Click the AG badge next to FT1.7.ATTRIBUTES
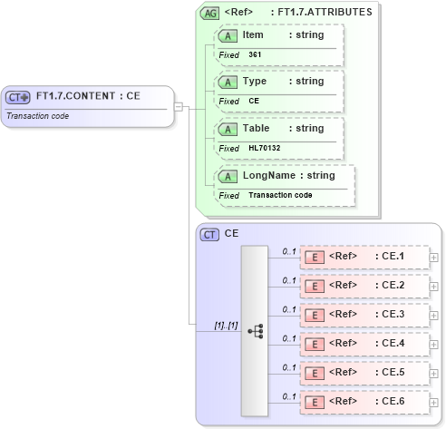pos(209,13)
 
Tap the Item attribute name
pos(253,34)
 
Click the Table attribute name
pos(257,128)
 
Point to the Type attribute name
pos(255,82)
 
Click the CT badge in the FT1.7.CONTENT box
pos(18,96)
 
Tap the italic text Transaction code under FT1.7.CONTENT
pos(37,115)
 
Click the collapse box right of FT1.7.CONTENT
pos(179,106)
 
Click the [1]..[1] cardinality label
pos(226,325)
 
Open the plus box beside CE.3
pos(434,315)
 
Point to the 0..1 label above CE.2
pos(290,279)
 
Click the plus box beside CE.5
pos(434,373)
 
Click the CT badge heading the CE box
pos(209,234)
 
